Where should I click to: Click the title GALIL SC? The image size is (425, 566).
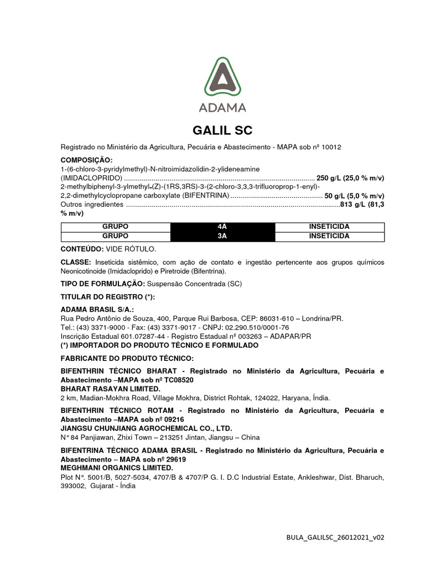point(222,131)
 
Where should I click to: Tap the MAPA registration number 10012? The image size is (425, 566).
point(330,147)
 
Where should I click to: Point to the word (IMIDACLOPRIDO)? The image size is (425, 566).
point(91,178)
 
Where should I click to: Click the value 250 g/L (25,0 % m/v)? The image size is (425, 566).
point(350,178)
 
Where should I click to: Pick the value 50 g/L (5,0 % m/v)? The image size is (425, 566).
point(354,196)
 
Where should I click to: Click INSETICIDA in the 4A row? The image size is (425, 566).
point(329,227)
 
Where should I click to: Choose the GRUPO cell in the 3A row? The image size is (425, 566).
point(115,236)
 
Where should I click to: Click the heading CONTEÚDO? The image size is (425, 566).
point(81,249)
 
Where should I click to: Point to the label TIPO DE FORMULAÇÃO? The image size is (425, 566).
point(102,284)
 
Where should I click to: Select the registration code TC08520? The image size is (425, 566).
point(178,380)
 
